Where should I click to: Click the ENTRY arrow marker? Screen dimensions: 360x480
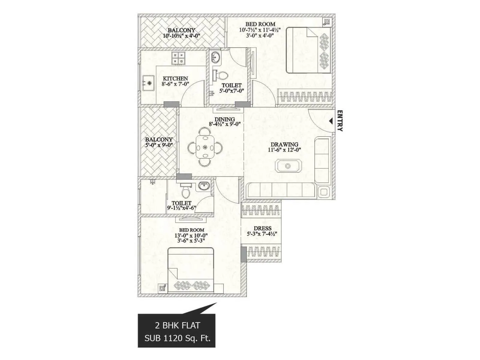(331, 121)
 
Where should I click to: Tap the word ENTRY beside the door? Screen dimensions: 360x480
(340, 121)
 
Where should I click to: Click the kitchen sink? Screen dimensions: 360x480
(148, 83)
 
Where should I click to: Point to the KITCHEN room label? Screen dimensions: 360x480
(175, 79)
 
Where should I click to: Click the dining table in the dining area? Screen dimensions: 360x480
(205, 147)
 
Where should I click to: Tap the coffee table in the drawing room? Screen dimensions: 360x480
(288, 166)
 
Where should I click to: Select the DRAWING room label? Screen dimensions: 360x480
(284, 145)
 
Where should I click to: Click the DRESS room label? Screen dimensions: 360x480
(262, 228)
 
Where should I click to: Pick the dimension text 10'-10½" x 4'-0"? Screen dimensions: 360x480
(181, 36)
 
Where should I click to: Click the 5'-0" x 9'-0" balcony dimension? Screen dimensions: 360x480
(159, 145)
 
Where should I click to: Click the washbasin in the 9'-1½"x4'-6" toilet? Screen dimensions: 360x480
(204, 186)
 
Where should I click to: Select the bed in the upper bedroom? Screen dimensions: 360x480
(308, 50)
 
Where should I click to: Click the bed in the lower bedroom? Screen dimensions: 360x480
(191, 270)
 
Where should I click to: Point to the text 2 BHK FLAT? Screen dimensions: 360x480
(177, 325)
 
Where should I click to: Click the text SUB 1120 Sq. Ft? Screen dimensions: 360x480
(177, 338)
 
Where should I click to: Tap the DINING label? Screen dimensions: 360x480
(224, 119)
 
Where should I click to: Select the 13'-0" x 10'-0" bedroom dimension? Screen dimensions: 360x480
(191, 235)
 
